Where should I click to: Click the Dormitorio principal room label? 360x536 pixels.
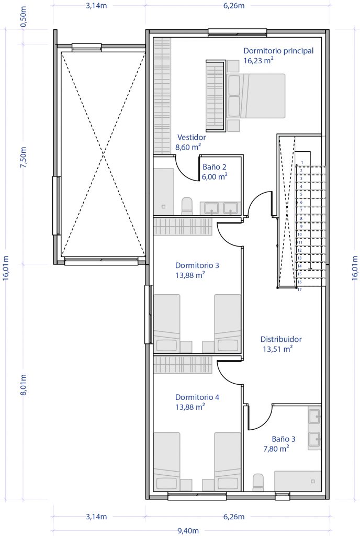click(x=278, y=51)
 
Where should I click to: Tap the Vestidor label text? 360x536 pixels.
click(x=192, y=138)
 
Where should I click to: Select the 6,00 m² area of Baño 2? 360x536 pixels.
click(x=215, y=176)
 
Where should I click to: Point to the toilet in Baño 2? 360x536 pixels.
click(x=187, y=206)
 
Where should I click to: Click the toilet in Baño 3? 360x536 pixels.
click(x=258, y=482)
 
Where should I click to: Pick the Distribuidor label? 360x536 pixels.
click(x=281, y=339)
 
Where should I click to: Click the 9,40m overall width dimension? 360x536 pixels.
click(x=188, y=531)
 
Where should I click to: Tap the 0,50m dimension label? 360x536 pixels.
click(x=24, y=17)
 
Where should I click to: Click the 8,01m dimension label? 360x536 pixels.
click(x=24, y=385)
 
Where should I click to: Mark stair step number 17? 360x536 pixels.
click(x=299, y=290)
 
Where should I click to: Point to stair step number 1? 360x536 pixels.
click(x=302, y=163)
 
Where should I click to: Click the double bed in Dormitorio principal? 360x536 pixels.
click(x=256, y=96)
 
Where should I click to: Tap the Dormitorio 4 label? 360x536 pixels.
click(x=197, y=397)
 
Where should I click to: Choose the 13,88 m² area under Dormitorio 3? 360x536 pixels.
click(x=190, y=275)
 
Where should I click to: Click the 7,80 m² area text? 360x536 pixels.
click(x=276, y=449)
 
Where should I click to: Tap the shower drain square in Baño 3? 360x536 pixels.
click(x=312, y=482)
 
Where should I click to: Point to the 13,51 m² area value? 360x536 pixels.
click(x=277, y=349)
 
